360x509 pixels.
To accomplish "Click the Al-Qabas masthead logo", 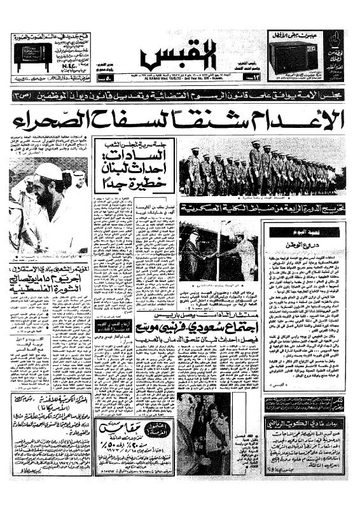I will (x=179, y=53).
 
